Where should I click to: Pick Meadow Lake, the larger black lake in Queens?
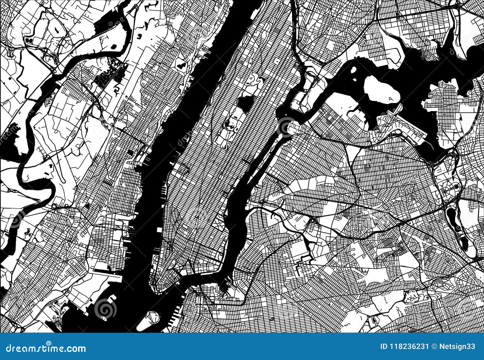[x=451, y=216]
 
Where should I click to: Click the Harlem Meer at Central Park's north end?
[x=261, y=79]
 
